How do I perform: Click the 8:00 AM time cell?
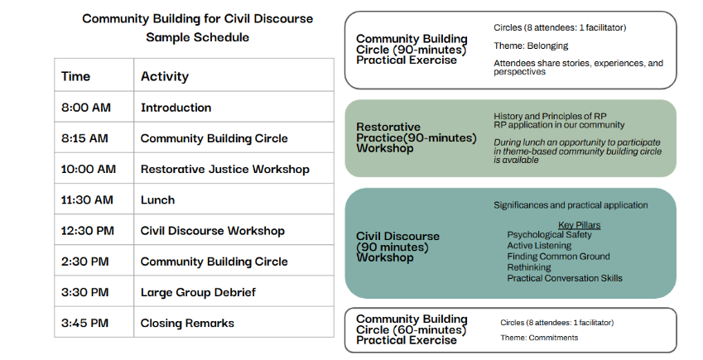point(85,108)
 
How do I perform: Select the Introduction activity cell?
point(176,108)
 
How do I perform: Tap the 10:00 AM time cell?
point(89,170)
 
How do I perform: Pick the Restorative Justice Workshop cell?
point(224,170)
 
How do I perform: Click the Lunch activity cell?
point(157,200)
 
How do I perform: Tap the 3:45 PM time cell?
point(85,323)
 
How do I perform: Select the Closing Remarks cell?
point(187,323)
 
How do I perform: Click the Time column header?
point(75,76)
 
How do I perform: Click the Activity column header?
point(164,76)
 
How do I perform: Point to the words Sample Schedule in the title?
point(197,37)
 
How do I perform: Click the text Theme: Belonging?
point(528,46)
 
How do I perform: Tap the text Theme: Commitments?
point(539,338)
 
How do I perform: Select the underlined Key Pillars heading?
point(579,224)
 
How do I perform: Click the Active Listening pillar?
point(539,246)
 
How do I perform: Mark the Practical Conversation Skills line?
point(565,278)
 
